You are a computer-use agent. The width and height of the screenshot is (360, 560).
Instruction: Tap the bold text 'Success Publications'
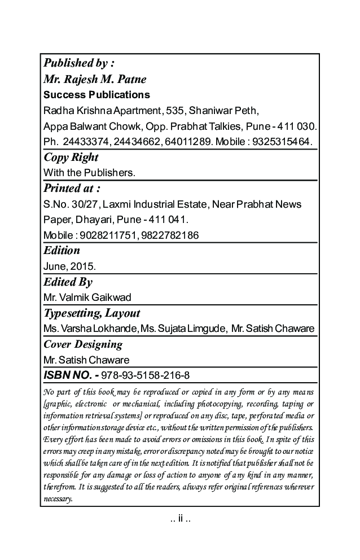click(x=96, y=94)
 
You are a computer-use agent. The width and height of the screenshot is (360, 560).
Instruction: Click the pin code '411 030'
click(x=297, y=125)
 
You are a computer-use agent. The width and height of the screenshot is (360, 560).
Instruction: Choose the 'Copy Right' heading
click(x=71, y=157)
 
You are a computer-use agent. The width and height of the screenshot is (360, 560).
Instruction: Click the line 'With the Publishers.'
click(x=89, y=172)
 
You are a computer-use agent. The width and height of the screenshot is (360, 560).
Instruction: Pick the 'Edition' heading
click(x=62, y=250)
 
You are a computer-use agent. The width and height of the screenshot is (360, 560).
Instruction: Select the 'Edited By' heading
click(x=68, y=282)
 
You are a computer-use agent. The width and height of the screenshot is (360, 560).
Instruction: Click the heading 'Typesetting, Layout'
click(x=92, y=313)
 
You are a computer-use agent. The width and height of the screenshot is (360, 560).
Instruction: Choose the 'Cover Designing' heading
click(x=83, y=344)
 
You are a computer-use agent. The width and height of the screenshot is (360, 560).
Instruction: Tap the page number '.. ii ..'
click(x=180, y=518)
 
